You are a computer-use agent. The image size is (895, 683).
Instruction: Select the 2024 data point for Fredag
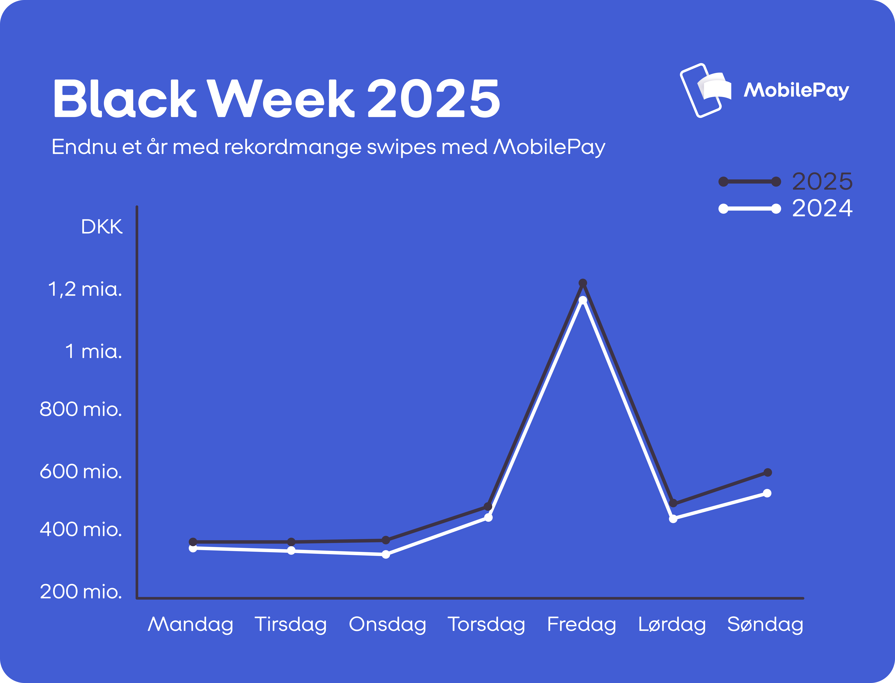click(x=582, y=300)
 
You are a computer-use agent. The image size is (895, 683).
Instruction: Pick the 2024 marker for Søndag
click(x=767, y=493)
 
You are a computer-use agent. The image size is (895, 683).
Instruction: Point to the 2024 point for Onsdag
click(x=386, y=554)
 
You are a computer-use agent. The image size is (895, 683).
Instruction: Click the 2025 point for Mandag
click(x=193, y=542)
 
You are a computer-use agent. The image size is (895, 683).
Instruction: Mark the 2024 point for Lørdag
click(x=673, y=519)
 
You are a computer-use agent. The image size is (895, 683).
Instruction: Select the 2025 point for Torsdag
click(x=488, y=507)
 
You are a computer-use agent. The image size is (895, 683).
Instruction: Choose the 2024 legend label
click(x=822, y=209)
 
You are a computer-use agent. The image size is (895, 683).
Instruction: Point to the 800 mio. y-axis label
click(x=80, y=409)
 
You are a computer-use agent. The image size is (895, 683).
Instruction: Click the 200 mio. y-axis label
click(x=80, y=592)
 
